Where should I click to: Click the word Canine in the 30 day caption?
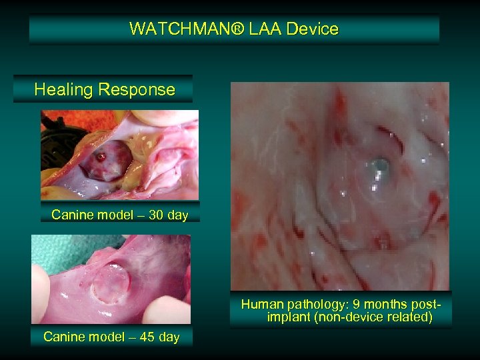point(73,215)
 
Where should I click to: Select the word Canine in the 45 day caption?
point(65,337)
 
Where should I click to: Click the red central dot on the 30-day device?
point(100,157)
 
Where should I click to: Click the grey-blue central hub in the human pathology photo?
point(379,165)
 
